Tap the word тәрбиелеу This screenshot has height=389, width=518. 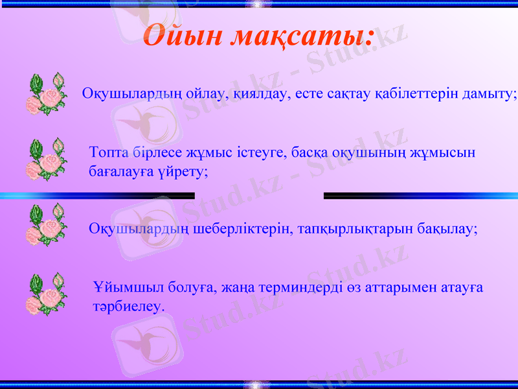pos(128,305)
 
